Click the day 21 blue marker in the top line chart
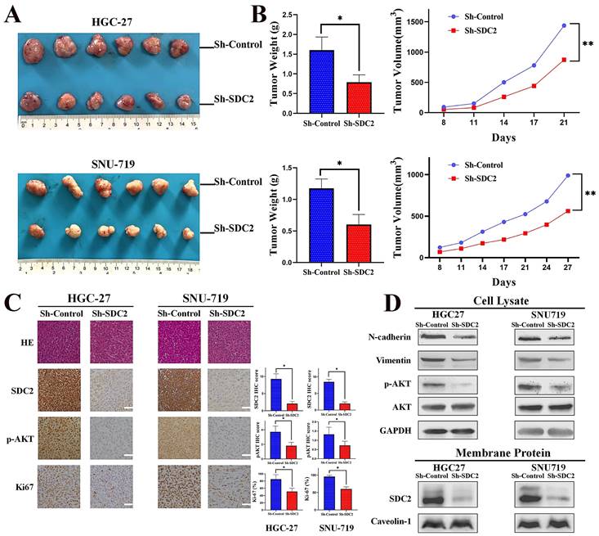[564, 25]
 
